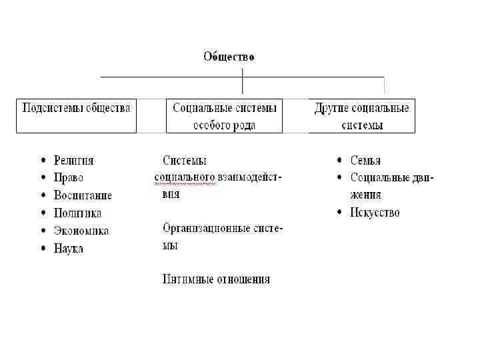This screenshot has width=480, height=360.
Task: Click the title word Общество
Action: (229, 57)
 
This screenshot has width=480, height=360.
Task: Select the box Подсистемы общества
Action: (76, 115)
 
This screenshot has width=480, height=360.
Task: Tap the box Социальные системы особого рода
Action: (224, 115)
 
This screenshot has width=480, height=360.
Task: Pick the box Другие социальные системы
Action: (361, 115)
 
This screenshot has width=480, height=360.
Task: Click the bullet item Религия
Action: (73, 161)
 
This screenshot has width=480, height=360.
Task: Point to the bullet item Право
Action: (69, 178)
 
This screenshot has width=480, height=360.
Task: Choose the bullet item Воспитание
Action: (83, 196)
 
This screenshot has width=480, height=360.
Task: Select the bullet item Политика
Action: (77, 213)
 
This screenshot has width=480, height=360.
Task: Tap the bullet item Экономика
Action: (81, 231)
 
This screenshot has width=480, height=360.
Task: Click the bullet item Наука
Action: (69, 249)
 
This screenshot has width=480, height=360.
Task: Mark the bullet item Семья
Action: (365, 161)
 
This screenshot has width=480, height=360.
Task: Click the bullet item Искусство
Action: (375, 213)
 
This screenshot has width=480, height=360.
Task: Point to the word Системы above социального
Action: (185, 161)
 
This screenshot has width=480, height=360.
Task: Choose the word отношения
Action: (244, 279)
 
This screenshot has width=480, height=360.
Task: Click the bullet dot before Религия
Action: (43, 161)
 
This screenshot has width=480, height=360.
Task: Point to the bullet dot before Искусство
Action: (340, 213)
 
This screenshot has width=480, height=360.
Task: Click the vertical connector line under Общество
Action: (243, 80)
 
